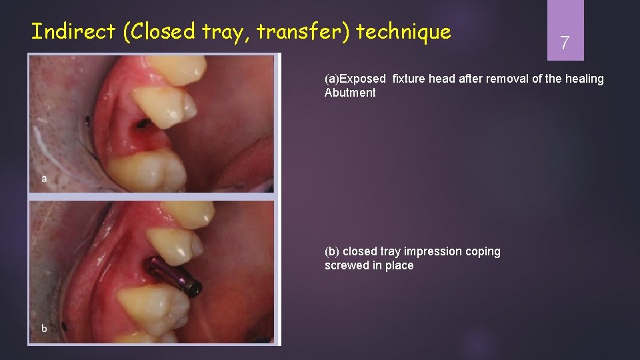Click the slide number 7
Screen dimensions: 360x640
coord(565,44)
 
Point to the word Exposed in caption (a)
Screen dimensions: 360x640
coord(363,79)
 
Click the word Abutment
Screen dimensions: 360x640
coord(350,93)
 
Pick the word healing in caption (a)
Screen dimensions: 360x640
coord(584,79)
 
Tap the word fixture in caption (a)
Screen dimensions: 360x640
coord(409,79)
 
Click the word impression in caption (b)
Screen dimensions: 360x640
coord(435,252)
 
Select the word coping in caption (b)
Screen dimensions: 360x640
coord(484,252)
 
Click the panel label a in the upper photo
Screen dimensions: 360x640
coord(44,179)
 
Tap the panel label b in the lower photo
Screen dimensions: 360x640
coord(44,328)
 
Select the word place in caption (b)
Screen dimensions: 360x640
coord(400,266)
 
